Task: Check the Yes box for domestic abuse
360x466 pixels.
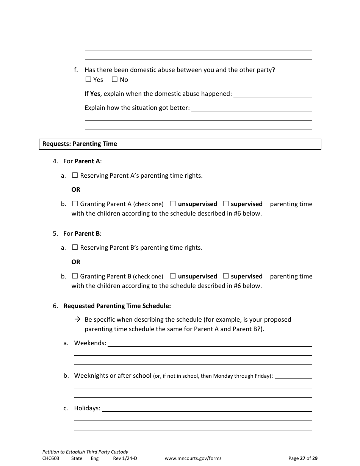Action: point(88,80)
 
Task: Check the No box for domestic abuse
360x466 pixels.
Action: point(115,80)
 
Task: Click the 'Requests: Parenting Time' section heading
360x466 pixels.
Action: point(80,144)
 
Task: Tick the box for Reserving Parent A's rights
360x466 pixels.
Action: point(75,175)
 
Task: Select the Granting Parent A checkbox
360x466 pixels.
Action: point(75,204)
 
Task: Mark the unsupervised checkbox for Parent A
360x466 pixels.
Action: point(173,204)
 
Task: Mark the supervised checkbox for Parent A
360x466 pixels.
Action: point(226,204)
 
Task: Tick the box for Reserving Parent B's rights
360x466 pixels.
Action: point(75,247)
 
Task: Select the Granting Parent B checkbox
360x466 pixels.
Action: point(75,276)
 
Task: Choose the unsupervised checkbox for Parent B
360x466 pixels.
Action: point(173,276)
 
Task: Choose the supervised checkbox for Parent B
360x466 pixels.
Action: point(226,276)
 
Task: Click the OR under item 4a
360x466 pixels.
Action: point(76,189)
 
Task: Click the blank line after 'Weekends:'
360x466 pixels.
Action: point(210,343)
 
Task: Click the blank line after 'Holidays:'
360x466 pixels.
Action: point(207,408)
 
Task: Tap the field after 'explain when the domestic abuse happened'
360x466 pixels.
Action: point(273,94)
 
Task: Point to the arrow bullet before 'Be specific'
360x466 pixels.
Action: point(77,319)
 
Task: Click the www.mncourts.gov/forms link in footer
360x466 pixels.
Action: point(193,458)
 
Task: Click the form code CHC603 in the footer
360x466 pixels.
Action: point(51,458)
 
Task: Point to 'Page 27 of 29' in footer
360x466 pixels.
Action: point(303,458)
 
